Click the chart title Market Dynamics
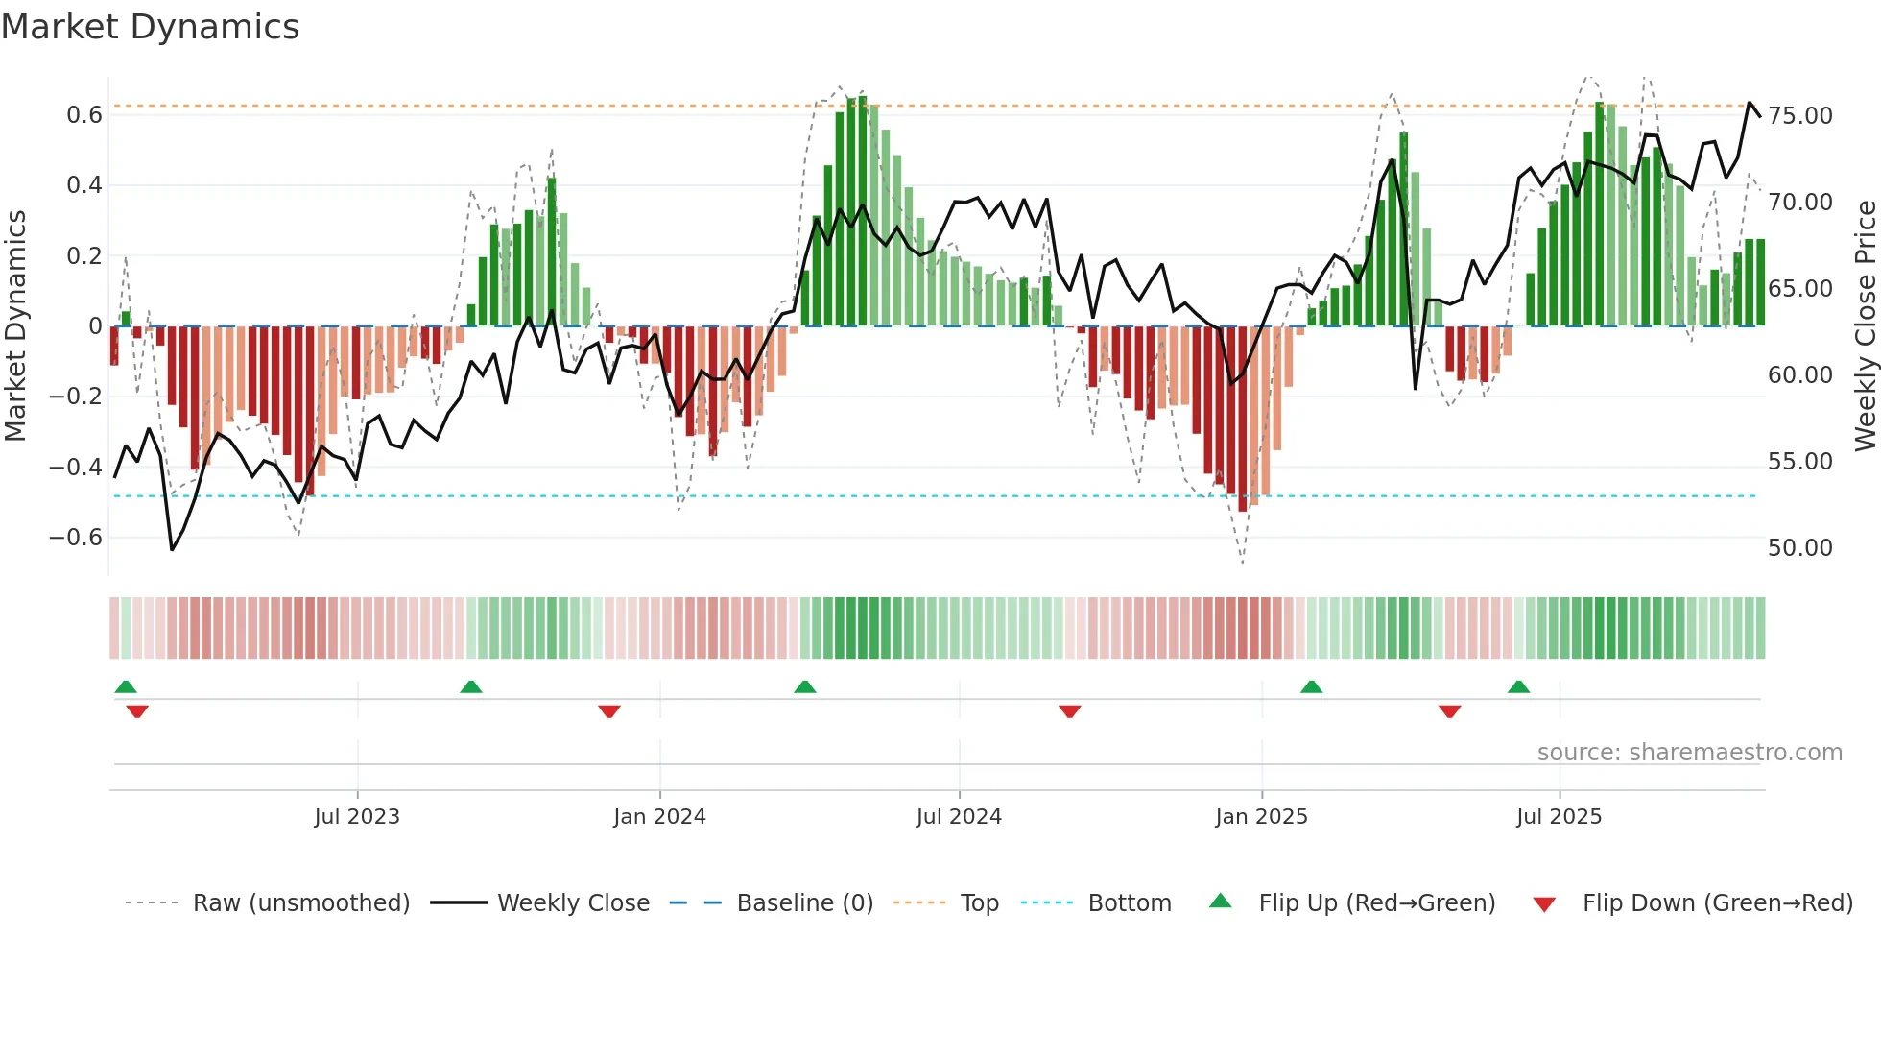(150, 27)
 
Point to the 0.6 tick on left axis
(84, 115)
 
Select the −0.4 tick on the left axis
(76, 468)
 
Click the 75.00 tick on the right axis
(1800, 116)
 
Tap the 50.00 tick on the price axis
(1800, 548)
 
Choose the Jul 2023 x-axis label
(357, 817)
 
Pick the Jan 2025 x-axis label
(1261, 817)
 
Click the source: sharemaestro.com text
(1689, 753)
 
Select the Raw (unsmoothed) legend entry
(300, 903)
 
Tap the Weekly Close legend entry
(573, 903)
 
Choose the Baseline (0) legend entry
(804, 903)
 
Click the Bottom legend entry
(1129, 903)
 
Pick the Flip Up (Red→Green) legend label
(1376, 903)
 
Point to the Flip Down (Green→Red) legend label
(1717, 903)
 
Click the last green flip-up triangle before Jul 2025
(1518, 687)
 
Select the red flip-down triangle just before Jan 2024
(609, 711)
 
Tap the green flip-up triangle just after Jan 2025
(1311, 687)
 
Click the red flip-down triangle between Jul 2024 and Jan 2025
(1070, 711)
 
